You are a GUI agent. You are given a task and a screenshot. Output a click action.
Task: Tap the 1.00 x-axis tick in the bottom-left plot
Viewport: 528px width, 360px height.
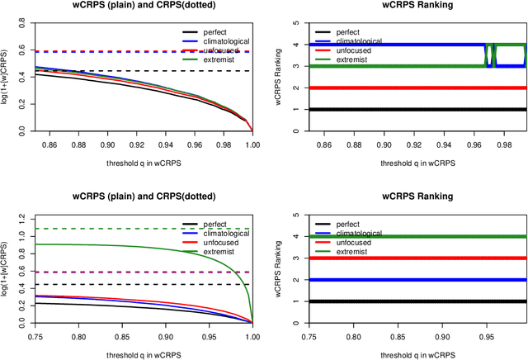coord(252,337)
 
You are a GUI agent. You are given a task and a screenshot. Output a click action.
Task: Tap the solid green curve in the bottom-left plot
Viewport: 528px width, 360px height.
coord(124,244)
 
